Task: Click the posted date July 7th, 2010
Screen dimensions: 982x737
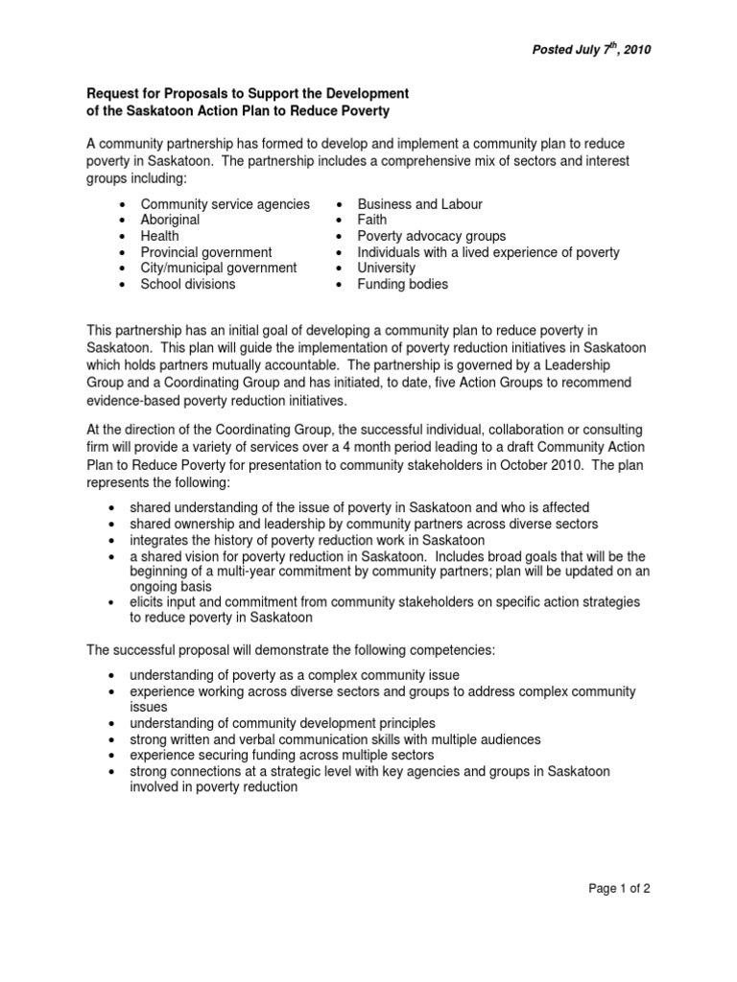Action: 591,51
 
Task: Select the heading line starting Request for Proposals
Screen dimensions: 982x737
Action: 249,93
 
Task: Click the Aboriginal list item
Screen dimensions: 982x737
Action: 170,220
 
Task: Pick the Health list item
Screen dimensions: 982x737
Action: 160,236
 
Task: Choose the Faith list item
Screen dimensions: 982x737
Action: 372,220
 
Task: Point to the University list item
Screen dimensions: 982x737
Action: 387,269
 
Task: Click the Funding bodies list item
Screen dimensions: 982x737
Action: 402,285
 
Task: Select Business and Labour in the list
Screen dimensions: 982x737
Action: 419,203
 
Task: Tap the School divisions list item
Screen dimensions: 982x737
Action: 188,285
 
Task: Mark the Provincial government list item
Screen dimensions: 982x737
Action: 206,252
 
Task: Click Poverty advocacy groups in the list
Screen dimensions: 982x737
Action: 431,236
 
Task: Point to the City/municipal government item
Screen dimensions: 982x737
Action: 219,269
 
